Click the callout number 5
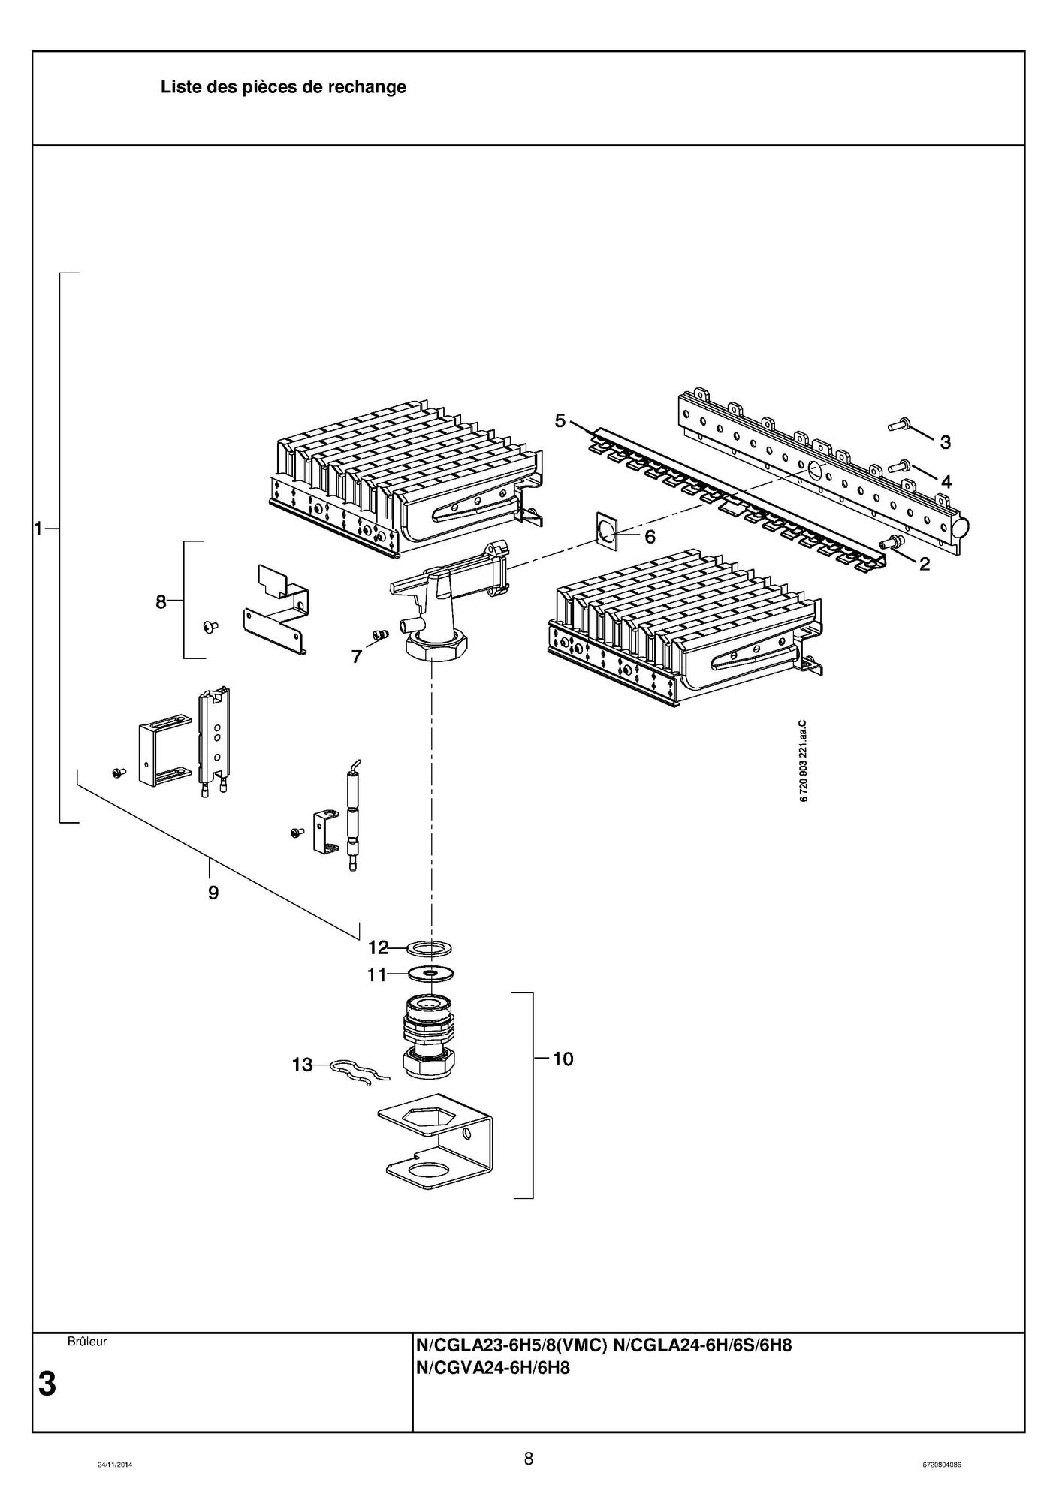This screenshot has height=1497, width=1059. coord(560,420)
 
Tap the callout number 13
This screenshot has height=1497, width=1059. coord(302,1065)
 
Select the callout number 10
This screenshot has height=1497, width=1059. coord(563,1059)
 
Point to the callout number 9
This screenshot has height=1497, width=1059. coord(213,892)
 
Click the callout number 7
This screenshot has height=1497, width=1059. coord(357,657)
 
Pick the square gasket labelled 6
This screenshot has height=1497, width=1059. coord(606,531)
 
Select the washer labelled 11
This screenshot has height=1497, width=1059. coord(430,974)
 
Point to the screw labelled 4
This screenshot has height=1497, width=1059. coord(900,466)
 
